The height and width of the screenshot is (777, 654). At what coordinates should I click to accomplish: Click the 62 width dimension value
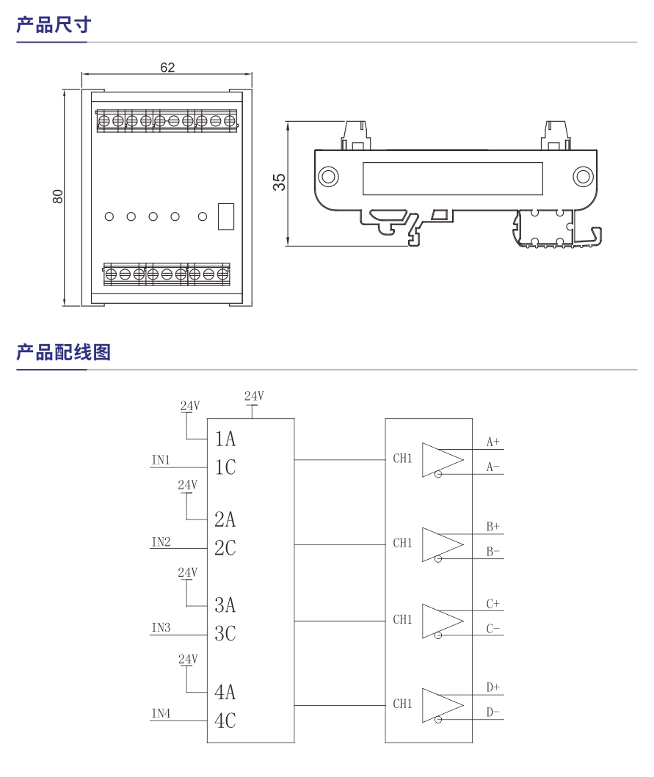click(167, 68)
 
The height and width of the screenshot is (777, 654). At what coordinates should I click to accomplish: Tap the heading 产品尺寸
click(54, 25)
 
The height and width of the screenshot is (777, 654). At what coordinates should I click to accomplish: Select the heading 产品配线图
click(63, 353)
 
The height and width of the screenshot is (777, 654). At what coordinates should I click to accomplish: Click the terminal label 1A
click(225, 439)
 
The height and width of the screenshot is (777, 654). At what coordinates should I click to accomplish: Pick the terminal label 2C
click(225, 547)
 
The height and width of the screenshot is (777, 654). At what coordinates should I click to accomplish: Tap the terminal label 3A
click(225, 605)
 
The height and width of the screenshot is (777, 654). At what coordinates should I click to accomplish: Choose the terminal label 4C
click(225, 721)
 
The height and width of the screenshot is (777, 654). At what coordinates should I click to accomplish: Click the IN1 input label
click(161, 460)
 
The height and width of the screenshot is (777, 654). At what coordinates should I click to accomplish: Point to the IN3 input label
click(161, 628)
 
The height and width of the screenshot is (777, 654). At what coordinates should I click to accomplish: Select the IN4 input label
click(161, 713)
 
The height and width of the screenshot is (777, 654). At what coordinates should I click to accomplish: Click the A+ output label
click(493, 442)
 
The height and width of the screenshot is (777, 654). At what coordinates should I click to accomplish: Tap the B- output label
click(493, 552)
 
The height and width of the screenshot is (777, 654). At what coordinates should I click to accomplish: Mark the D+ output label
click(493, 687)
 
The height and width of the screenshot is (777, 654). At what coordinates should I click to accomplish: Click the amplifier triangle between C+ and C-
click(440, 620)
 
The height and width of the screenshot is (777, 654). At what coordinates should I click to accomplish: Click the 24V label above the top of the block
click(254, 396)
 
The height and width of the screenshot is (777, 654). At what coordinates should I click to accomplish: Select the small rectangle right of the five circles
click(226, 216)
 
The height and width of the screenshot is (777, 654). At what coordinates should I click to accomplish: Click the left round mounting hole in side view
click(327, 176)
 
